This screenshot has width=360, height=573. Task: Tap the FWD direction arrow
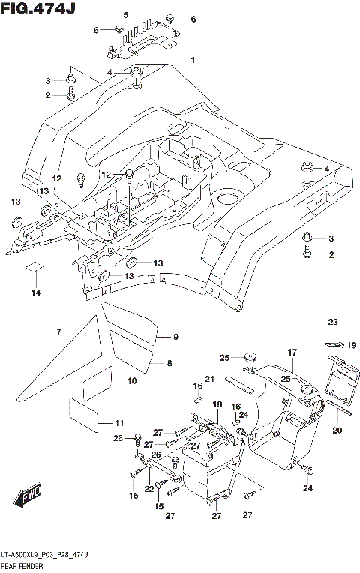coord(29,496)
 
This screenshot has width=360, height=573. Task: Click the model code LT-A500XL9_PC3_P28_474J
coord(44,553)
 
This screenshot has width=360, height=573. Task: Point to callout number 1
coord(193,60)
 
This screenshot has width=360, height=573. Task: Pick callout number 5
coord(125,16)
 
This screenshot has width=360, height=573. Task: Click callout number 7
coord(58,331)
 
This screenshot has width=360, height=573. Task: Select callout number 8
coord(169,363)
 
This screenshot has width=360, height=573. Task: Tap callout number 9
coord(175,336)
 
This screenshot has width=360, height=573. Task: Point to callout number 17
coord(292,351)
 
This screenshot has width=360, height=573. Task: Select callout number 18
coord(217,405)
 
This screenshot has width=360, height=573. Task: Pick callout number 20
coord(337,430)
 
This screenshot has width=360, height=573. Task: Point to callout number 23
coord(333,322)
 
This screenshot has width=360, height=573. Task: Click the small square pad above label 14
coord(33,266)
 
